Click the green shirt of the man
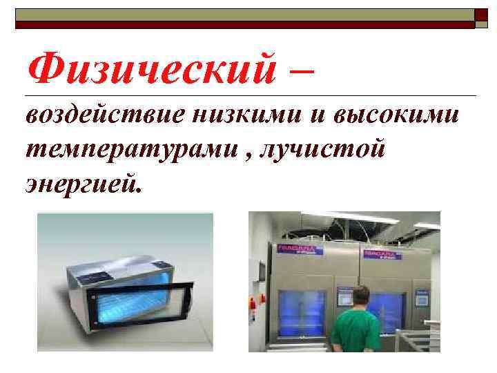pos(356,332)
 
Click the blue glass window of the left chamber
pos(302,314)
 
